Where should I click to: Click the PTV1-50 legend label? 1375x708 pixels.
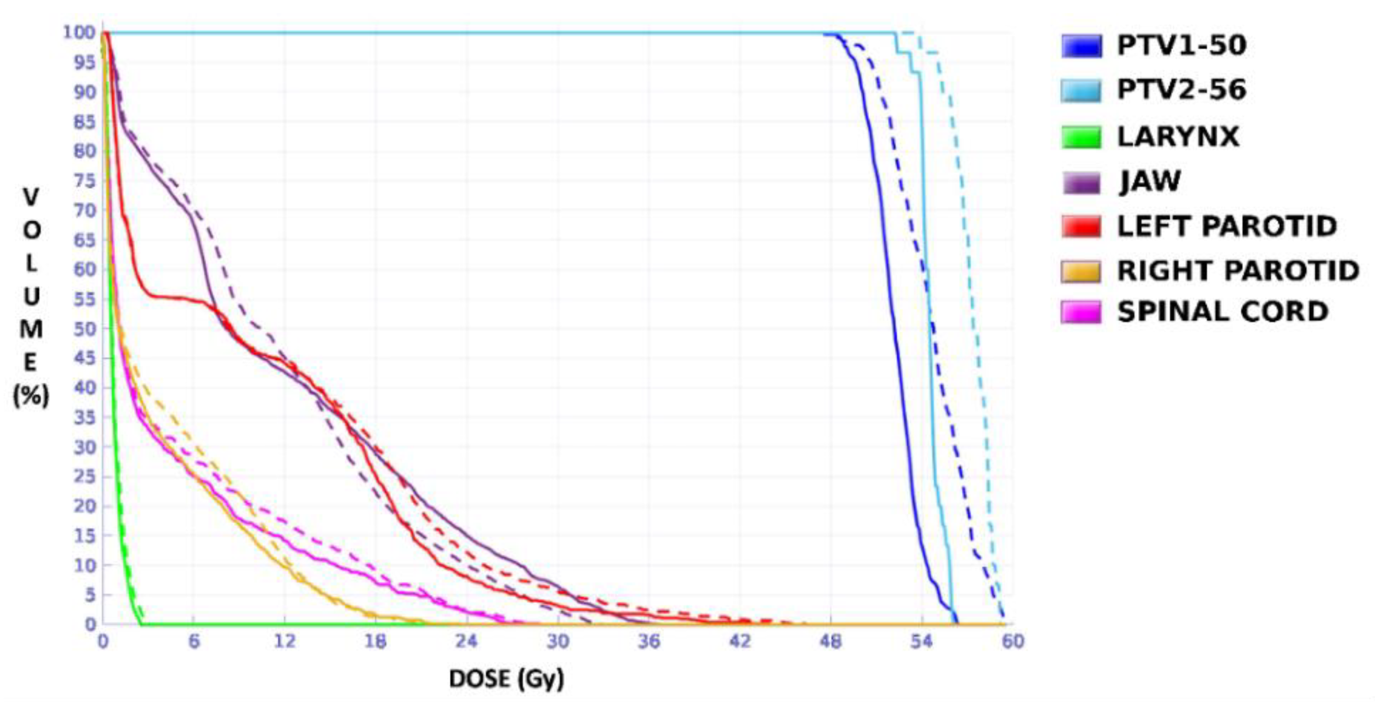click(x=1181, y=46)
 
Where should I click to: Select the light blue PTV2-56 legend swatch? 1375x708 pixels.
click(x=1081, y=90)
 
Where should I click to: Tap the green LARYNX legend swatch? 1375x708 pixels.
click(x=1081, y=137)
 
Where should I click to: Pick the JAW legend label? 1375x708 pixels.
click(x=1150, y=182)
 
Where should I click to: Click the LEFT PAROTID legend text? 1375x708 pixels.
click(x=1227, y=226)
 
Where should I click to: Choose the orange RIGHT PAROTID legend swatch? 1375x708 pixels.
click(x=1081, y=271)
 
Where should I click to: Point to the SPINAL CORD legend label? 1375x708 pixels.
click(x=1222, y=312)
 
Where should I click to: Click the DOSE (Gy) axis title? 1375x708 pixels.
click(x=506, y=679)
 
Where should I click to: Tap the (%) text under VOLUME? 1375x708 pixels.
click(x=31, y=396)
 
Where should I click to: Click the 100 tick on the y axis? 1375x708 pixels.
click(x=79, y=33)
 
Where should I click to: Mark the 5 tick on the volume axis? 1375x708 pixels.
click(x=90, y=594)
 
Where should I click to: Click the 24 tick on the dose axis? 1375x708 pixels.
click(x=466, y=641)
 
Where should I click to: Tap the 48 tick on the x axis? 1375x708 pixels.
click(x=830, y=641)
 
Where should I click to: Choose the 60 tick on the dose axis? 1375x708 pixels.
click(x=1013, y=641)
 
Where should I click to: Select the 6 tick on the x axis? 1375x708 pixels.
click(x=194, y=641)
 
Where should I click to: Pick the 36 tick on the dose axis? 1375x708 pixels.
click(x=648, y=641)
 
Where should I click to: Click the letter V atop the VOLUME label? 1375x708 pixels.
click(x=31, y=197)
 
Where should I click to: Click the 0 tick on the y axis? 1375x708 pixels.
click(x=91, y=624)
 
